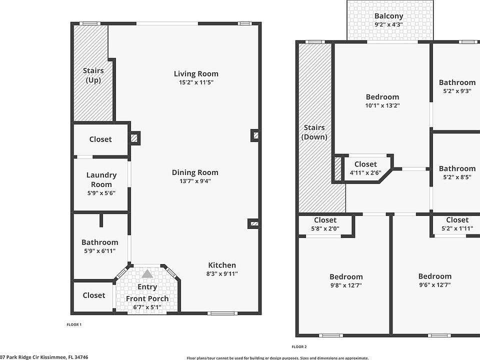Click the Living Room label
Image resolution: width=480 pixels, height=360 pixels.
[x=196, y=73]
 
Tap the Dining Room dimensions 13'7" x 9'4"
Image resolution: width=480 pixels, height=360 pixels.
[x=195, y=181]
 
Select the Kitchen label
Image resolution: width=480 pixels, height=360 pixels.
[x=222, y=265]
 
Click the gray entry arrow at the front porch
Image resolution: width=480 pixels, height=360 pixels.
[x=147, y=274]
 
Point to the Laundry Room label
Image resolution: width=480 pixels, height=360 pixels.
[x=101, y=179]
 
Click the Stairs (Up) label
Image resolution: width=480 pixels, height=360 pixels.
[x=93, y=75]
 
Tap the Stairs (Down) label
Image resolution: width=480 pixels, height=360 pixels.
[x=314, y=132]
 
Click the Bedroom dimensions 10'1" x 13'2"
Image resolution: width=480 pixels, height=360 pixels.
[x=382, y=105]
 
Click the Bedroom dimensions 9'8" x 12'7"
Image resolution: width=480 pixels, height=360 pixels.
[x=346, y=285]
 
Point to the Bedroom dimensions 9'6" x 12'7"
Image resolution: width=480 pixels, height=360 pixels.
[x=434, y=285]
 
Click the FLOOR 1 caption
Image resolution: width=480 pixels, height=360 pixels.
[x=74, y=324]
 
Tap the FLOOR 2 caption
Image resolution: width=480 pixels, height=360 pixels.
[x=299, y=346]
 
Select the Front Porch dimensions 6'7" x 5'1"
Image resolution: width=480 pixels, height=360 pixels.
[x=147, y=307]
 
